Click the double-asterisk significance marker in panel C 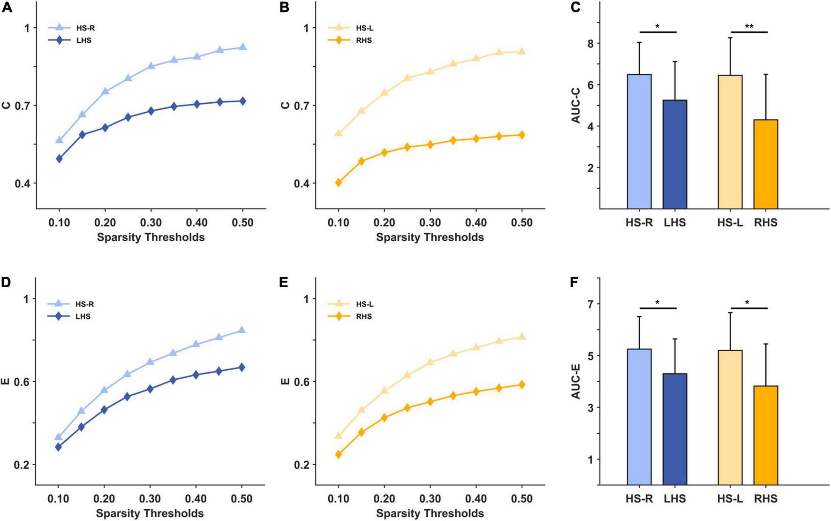tap(749, 27)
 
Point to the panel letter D tap(6, 282)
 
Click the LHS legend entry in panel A tap(83, 40)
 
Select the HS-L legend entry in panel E tap(364, 304)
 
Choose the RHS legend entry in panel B tap(363, 40)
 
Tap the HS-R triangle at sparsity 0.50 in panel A tap(242, 47)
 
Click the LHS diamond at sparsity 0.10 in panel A tap(59, 159)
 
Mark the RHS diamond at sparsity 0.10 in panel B tap(338, 183)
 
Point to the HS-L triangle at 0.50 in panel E tap(521, 337)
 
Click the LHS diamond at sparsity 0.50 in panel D tap(242, 368)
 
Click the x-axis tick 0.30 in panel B tap(430, 222)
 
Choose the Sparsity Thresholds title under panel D tap(150, 513)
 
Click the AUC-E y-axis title tap(576, 381)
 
